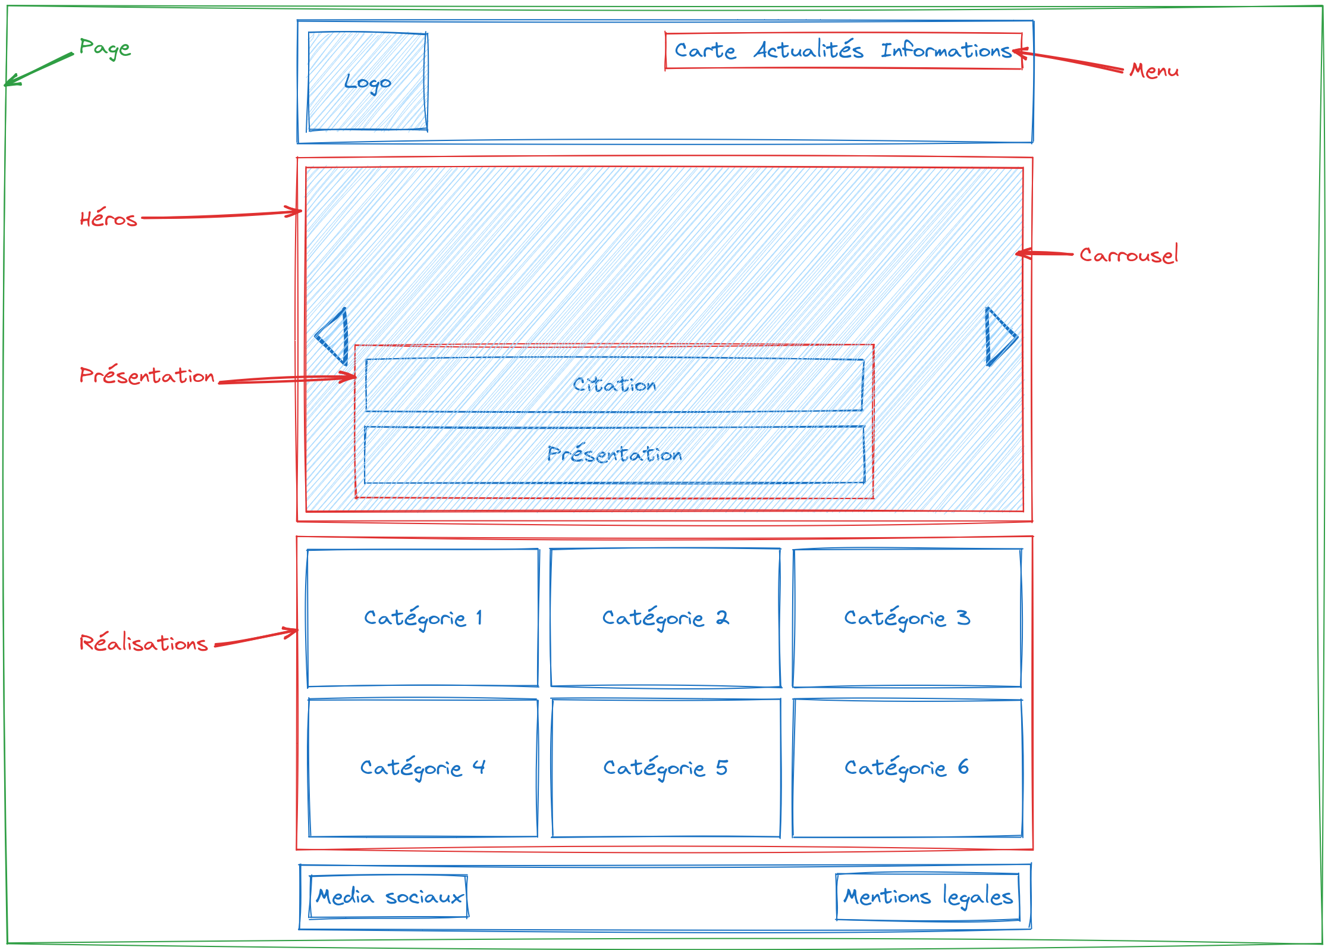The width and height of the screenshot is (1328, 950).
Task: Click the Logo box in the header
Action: point(367,81)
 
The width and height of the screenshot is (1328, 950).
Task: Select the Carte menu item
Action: point(705,51)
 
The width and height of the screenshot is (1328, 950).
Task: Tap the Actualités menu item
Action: point(809,50)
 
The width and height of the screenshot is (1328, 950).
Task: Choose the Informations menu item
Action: point(946,51)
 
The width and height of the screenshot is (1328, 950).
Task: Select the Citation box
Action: point(614,385)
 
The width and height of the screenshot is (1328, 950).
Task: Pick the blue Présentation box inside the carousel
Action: point(614,454)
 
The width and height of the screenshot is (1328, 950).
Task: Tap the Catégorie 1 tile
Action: point(423,618)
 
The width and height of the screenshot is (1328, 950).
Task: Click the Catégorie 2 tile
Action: point(665,618)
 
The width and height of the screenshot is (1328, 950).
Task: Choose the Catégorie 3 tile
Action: point(907,618)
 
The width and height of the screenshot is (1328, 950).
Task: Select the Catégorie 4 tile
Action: point(423,768)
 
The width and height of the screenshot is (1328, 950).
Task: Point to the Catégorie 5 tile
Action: point(665,768)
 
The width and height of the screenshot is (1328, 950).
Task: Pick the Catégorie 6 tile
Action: point(907,768)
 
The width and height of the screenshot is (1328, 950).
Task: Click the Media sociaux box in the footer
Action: point(389,896)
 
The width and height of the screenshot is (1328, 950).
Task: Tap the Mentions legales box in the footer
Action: point(928,896)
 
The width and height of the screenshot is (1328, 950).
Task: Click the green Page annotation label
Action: point(105,48)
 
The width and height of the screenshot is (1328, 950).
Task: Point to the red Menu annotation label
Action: point(1154,71)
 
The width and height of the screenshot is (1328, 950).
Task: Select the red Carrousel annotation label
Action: point(1128,255)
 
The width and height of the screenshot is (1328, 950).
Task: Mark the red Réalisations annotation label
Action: point(143,643)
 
